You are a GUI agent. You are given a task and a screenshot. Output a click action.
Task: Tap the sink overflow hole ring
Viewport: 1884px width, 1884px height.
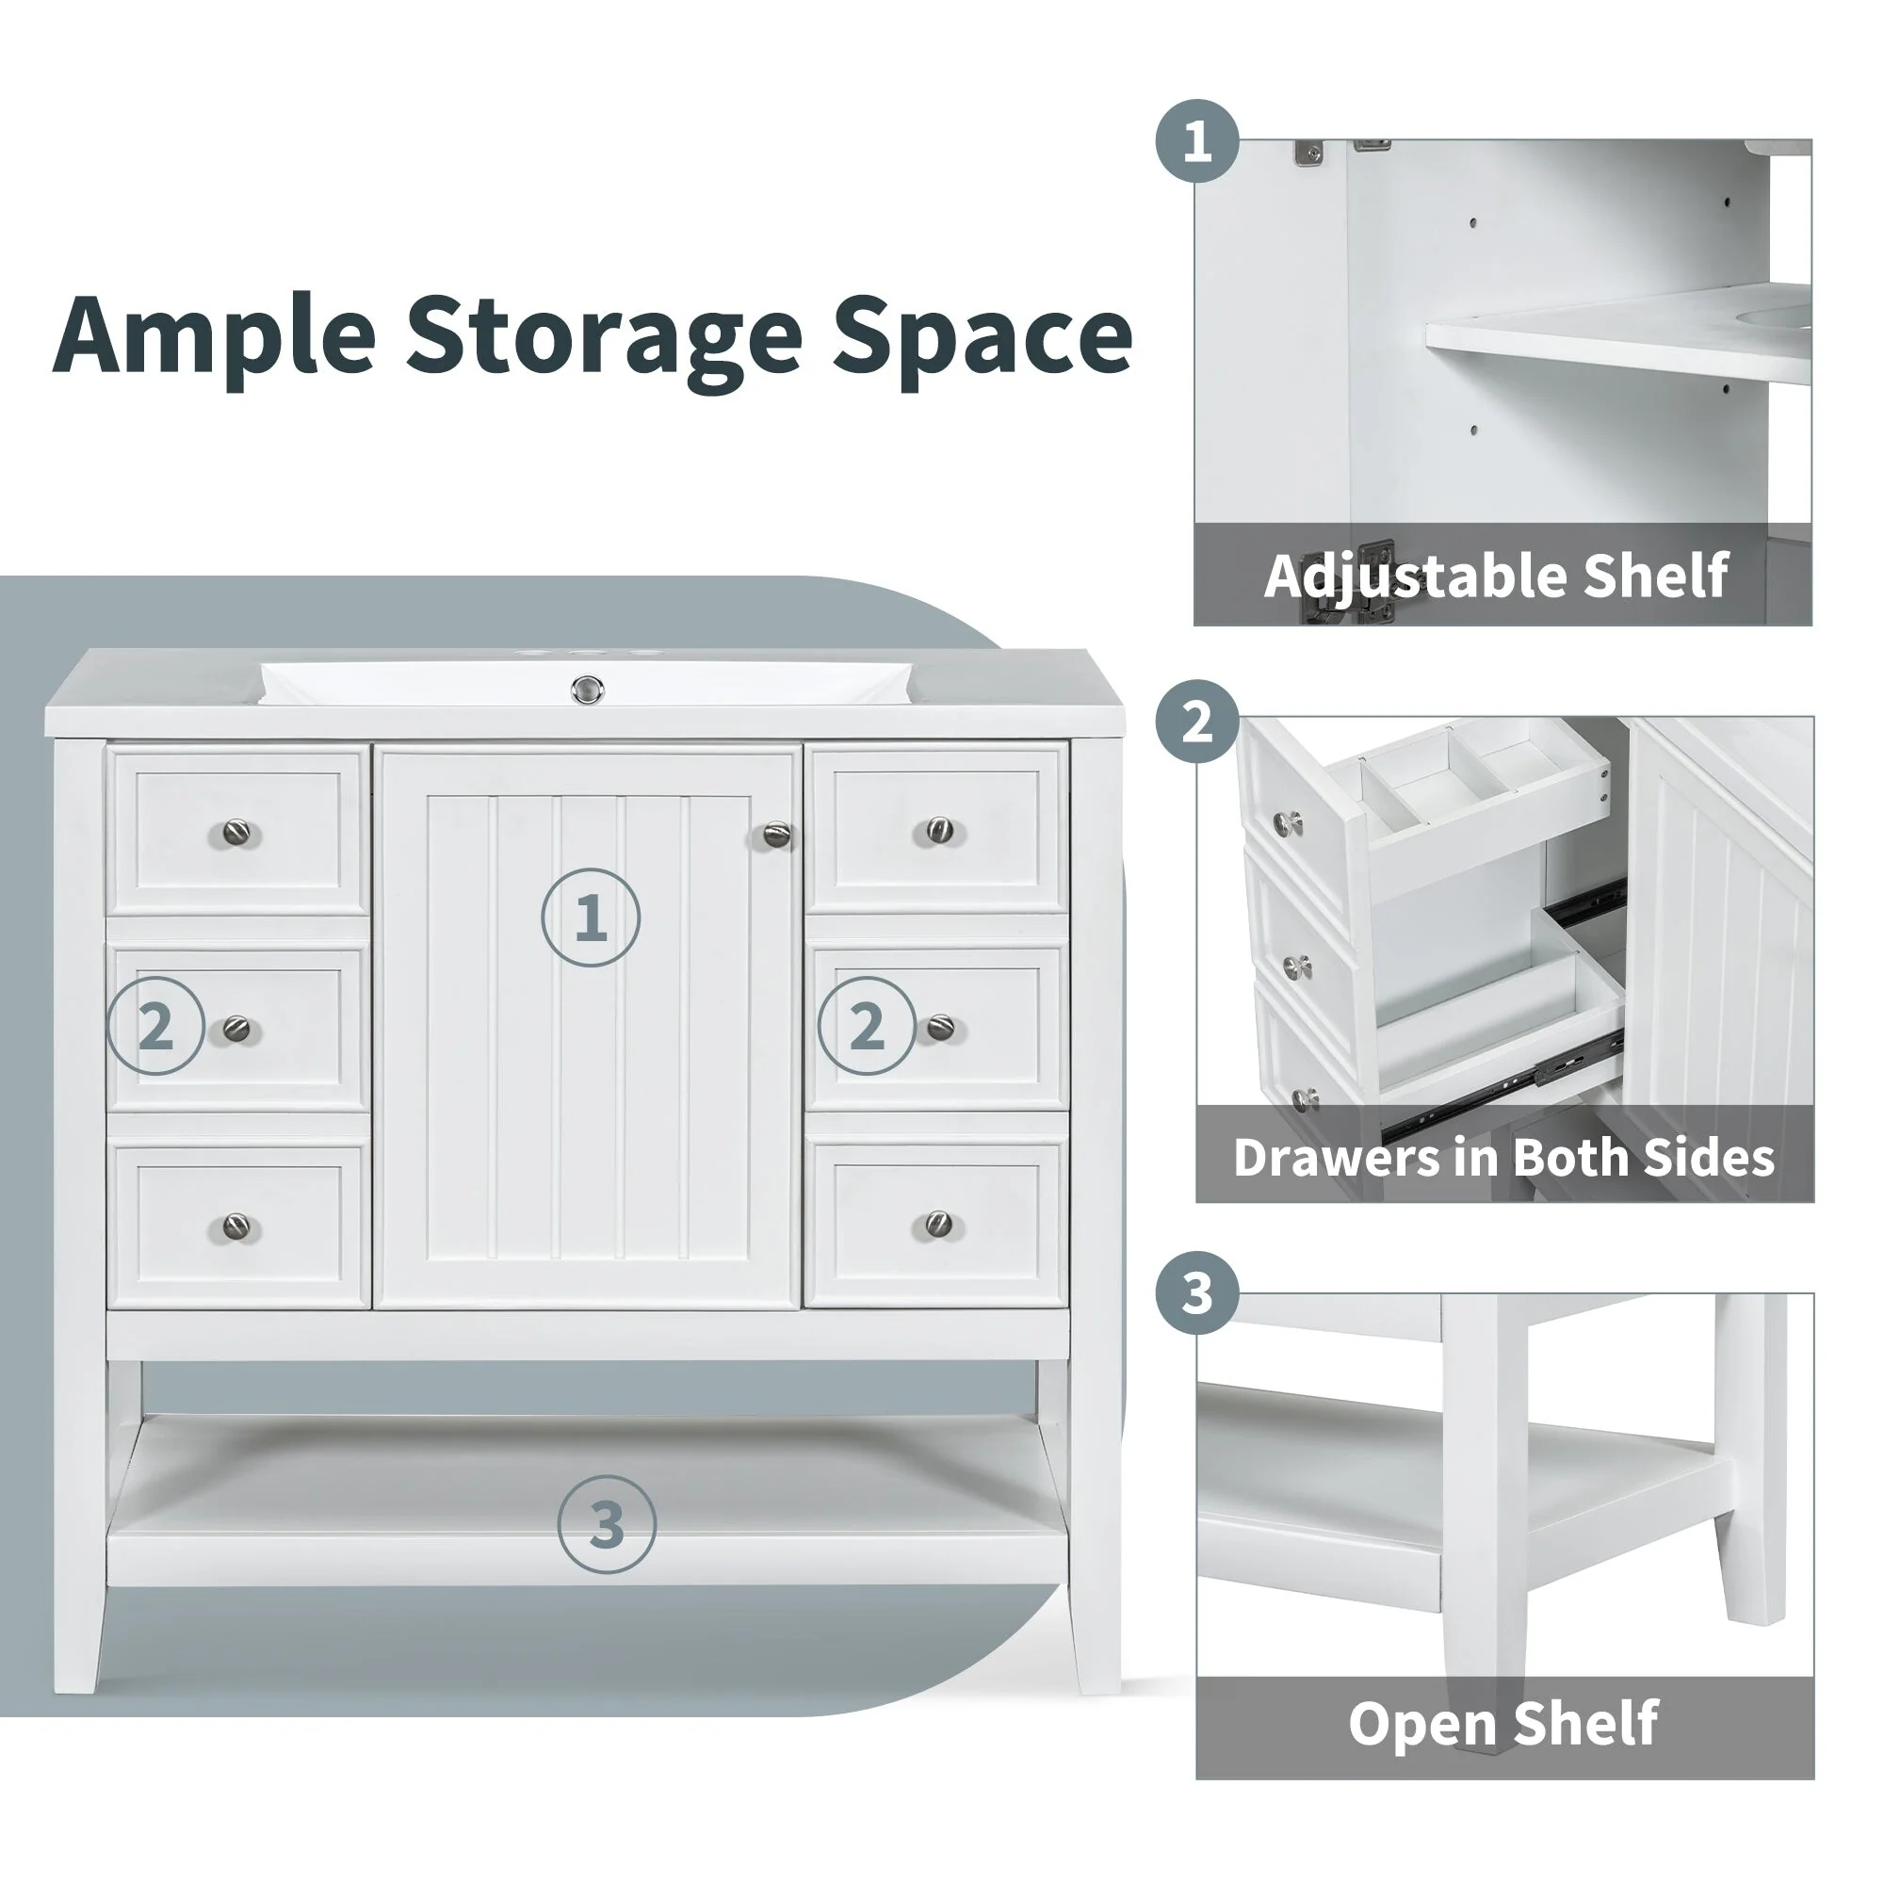click(x=587, y=690)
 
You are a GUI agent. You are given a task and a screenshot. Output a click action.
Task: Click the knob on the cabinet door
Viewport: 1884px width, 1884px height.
click(x=776, y=835)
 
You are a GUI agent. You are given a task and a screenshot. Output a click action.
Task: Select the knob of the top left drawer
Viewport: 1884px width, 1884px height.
click(x=237, y=833)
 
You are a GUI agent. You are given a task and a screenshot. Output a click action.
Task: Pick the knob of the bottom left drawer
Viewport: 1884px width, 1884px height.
click(x=237, y=1226)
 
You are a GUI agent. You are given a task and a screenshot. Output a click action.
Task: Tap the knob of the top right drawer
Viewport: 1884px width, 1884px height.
click(x=939, y=831)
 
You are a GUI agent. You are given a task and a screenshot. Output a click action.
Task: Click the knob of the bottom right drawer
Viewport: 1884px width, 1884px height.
click(x=938, y=1223)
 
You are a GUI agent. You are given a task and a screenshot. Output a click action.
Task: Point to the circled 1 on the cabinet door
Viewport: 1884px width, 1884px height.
click(x=590, y=918)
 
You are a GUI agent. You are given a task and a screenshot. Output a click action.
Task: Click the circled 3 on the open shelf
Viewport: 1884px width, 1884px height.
click(x=607, y=1525)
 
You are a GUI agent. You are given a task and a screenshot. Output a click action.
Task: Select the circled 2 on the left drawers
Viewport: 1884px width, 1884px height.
click(x=156, y=1026)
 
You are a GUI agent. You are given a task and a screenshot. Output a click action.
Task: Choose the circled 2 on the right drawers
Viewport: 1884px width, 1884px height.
click(x=867, y=1026)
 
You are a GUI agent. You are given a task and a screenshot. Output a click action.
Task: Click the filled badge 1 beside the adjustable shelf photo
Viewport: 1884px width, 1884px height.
click(x=1197, y=141)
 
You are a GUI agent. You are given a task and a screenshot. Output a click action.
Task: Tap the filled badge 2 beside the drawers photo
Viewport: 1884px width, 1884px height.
click(x=1197, y=722)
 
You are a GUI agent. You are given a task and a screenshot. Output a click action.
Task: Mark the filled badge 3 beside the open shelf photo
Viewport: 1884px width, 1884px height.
click(x=1197, y=1294)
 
